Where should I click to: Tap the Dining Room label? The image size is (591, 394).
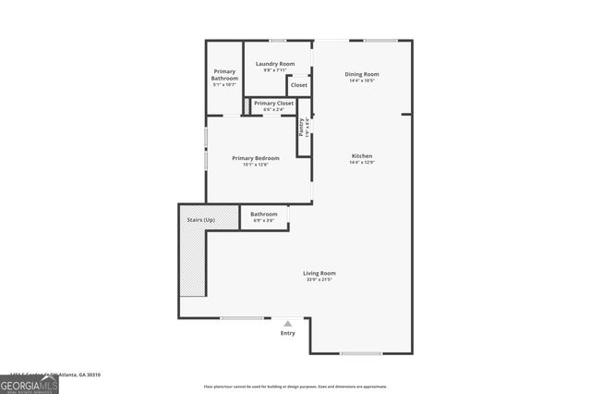point(362,74)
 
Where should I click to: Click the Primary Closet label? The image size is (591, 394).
point(272,103)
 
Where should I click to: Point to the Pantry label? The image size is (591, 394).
point(301,127)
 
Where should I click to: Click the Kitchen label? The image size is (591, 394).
point(362,155)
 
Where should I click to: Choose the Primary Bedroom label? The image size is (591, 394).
point(255,158)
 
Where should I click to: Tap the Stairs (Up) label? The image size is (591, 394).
point(201,219)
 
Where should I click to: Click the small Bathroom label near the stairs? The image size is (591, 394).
point(264,214)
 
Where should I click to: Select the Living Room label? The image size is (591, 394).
point(320,273)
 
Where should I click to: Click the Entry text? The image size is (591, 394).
point(288,333)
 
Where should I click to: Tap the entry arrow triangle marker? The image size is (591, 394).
point(288,323)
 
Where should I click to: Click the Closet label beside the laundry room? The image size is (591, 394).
point(298,85)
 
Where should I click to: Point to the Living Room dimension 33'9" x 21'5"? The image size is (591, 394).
point(320,279)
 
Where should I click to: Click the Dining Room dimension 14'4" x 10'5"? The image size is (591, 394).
point(362,80)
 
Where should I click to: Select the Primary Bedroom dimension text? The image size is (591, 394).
point(255,165)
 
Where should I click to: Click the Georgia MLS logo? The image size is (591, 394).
point(30,384)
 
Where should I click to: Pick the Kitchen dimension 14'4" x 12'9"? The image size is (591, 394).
point(362,162)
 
